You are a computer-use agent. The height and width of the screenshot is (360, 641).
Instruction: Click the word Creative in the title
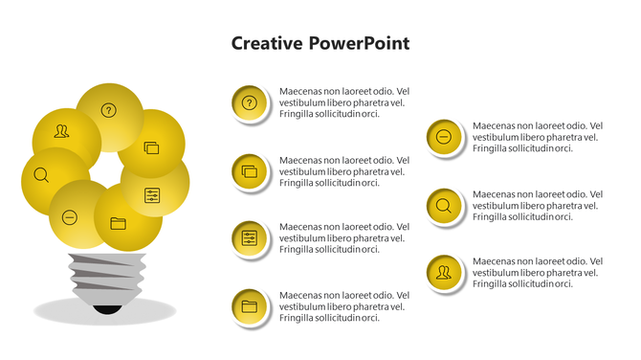(x=268, y=43)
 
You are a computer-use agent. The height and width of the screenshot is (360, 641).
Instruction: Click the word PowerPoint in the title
(x=359, y=43)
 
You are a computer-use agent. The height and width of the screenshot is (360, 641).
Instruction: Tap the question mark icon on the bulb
(x=109, y=110)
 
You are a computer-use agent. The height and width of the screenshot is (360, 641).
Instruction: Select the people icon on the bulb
(x=62, y=132)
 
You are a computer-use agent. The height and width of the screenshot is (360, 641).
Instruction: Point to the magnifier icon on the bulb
(x=41, y=175)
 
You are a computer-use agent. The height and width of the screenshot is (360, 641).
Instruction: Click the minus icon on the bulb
(x=70, y=217)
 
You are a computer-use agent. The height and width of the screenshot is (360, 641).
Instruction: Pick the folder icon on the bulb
(x=118, y=223)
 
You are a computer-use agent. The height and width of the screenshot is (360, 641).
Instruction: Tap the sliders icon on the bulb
(x=152, y=195)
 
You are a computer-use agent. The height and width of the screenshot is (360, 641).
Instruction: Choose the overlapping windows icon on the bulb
(x=151, y=148)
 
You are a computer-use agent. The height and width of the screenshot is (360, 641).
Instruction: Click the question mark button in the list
(x=250, y=102)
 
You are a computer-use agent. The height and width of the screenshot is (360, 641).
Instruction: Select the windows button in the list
(x=250, y=171)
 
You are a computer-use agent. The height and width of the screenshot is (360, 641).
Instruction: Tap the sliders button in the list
(x=250, y=238)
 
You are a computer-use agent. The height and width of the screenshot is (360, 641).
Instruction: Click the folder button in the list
(x=250, y=306)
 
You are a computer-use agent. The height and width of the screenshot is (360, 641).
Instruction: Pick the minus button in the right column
(x=443, y=137)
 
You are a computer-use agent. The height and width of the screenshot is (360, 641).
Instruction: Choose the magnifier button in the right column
(x=443, y=205)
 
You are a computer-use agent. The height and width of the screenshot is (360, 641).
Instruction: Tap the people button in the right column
(x=443, y=273)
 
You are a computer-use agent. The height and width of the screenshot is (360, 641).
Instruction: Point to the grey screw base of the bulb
(x=105, y=278)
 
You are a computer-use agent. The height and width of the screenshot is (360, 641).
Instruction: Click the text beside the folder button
(x=343, y=306)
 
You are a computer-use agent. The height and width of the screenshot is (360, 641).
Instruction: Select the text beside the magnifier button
(x=538, y=205)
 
